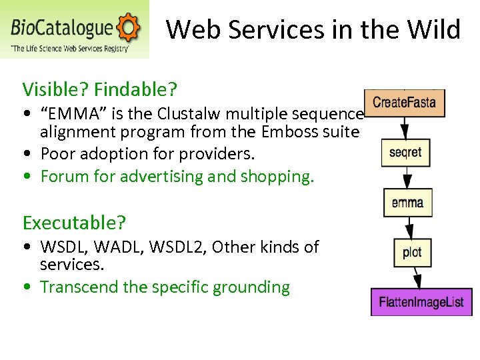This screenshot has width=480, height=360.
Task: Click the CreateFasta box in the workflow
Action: (x=405, y=103)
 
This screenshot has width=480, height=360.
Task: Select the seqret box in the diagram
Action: (x=405, y=153)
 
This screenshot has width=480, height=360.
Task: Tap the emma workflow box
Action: (x=407, y=202)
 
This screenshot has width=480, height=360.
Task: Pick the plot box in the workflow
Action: (x=412, y=252)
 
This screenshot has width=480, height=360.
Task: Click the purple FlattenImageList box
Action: (x=421, y=302)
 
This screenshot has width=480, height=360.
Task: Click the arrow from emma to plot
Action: (x=409, y=227)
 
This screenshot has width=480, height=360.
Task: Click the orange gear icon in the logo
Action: (x=128, y=27)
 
